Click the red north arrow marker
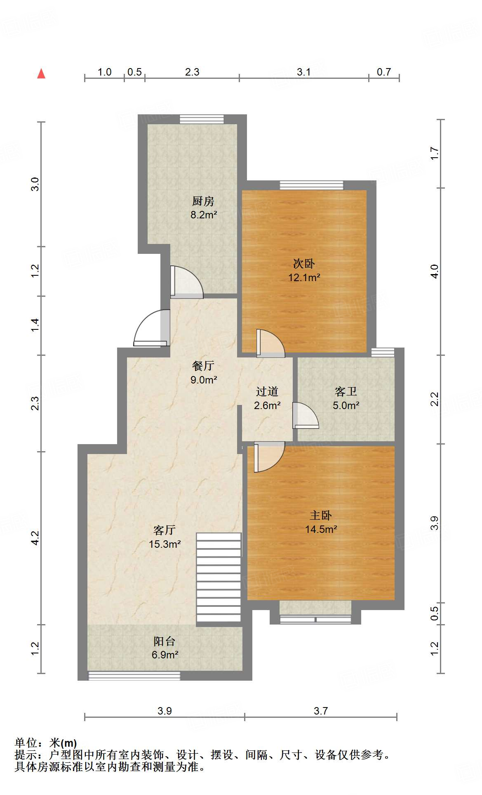[41, 73]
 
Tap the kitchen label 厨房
[203, 201]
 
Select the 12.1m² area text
[304, 277]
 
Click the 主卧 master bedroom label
[321, 515]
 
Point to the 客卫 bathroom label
[346, 391]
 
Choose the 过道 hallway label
[267, 391]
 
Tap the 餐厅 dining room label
[203, 366]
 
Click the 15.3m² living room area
[165, 544]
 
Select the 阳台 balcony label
[165, 641]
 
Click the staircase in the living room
[219, 577]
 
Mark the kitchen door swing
[186, 282]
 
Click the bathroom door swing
[306, 416]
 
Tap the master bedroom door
[269, 457]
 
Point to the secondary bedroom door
[270, 343]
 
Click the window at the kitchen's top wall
[202, 119]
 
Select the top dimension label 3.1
[304, 72]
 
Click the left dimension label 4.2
[35, 538]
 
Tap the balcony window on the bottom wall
[134, 676]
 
